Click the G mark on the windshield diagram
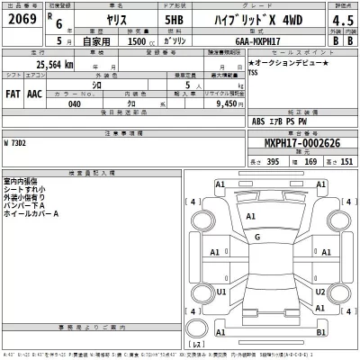[x=257, y=237]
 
